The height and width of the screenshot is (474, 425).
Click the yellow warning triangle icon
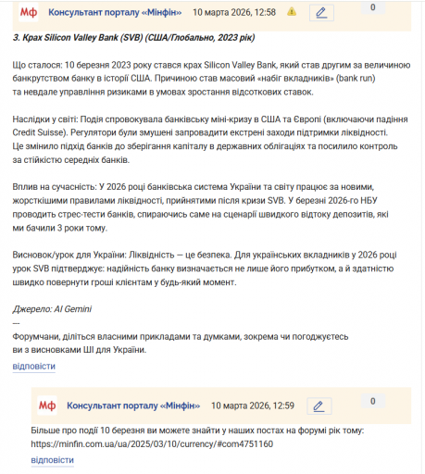coord(292,13)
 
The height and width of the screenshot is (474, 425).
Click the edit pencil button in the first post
coord(320,13)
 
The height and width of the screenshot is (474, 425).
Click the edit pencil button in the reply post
coord(319,405)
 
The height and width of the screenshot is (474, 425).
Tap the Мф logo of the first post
coord(29,13)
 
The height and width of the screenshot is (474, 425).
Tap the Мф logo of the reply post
coord(47,405)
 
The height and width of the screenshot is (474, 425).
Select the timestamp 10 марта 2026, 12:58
coord(234,13)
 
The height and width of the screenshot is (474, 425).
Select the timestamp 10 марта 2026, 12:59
coord(253,405)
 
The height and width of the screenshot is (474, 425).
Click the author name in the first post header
coord(116,13)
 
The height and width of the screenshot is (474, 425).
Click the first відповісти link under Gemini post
coord(33,366)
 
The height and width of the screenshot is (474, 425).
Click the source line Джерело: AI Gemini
coord(52,308)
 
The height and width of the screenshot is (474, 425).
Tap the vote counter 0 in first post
coord(372,7)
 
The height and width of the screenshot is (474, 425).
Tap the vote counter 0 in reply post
coord(372,401)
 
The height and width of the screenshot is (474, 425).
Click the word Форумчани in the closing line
coord(38,337)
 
